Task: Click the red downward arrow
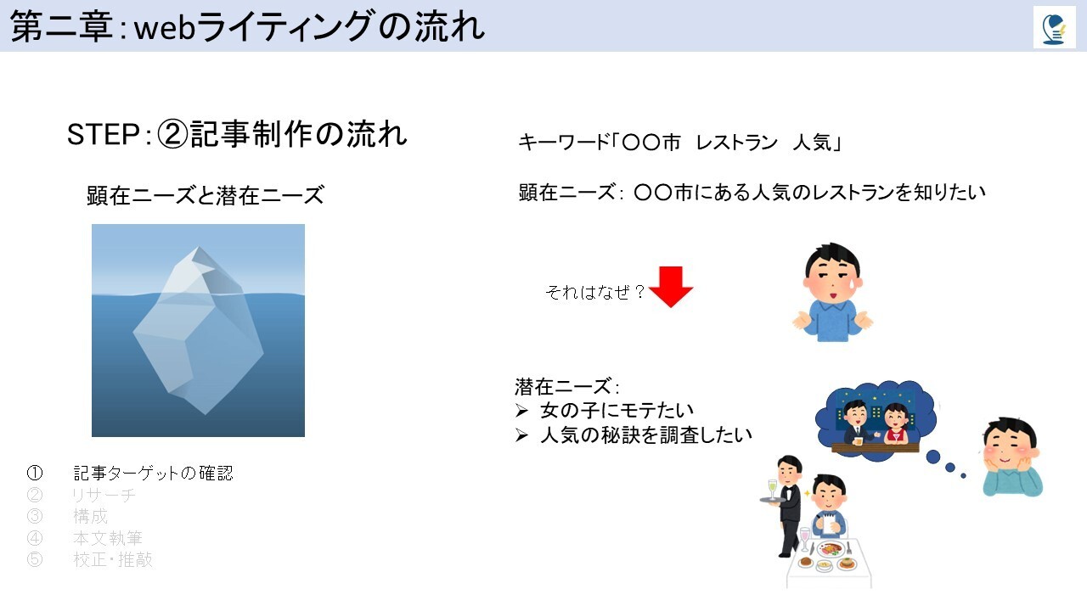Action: coord(671,287)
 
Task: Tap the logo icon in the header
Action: coord(1055,28)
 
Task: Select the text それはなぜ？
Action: coord(595,292)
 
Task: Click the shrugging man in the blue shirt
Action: coord(833,293)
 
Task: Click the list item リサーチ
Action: coord(104,495)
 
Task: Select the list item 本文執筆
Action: coord(107,538)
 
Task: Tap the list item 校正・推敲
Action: coord(113,559)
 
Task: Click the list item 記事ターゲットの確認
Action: coord(153,473)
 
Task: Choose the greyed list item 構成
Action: coord(90,516)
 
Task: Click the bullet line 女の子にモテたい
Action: coord(617,411)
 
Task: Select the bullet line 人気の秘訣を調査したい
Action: coord(646,435)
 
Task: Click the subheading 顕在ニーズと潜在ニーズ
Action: coord(206,195)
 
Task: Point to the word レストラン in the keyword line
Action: coord(736,143)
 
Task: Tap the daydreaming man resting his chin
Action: coord(1012,457)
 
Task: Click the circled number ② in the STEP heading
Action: coord(172,134)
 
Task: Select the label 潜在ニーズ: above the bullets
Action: coord(566,387)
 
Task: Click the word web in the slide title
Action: coord(165,29)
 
